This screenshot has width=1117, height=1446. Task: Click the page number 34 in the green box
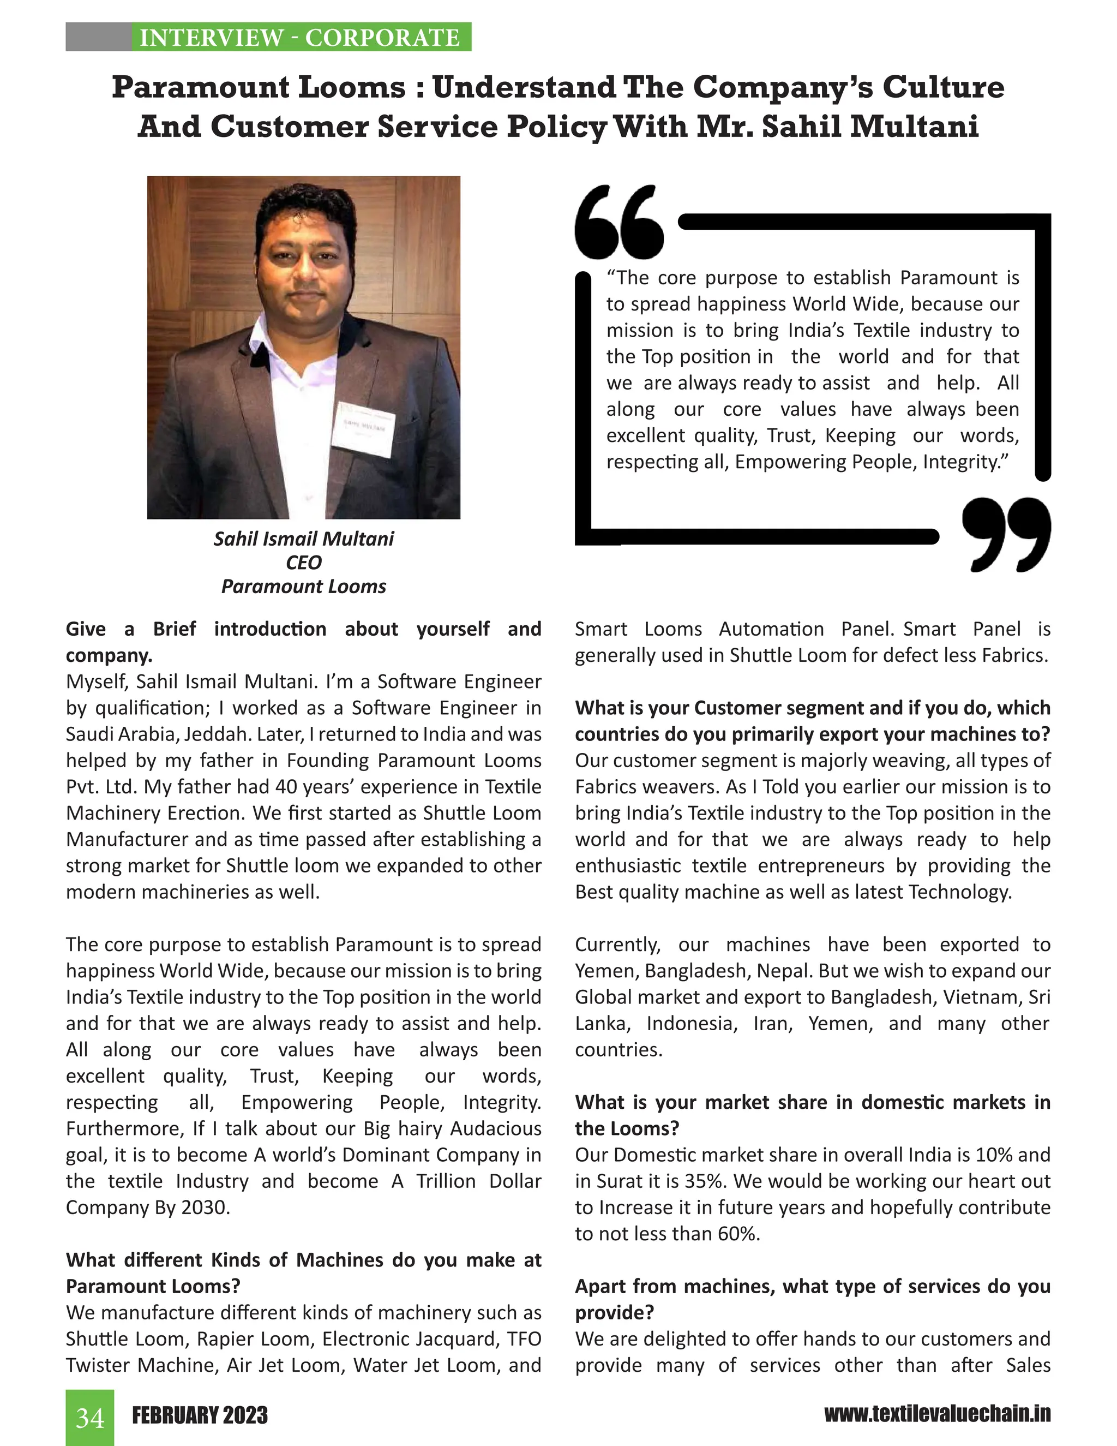coord(89,1418)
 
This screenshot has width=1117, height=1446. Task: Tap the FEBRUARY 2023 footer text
coord(200,1415)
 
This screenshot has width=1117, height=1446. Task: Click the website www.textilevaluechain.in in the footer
coord(937,1414)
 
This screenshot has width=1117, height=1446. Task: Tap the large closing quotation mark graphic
coord(1006,533)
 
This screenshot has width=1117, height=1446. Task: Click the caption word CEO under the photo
coord(303,563)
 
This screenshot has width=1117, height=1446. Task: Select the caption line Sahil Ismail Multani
coord(303,539)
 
